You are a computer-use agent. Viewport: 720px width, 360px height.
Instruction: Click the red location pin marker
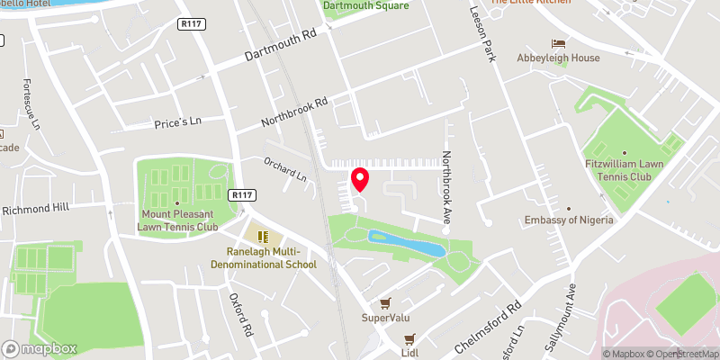[x=360, y=179]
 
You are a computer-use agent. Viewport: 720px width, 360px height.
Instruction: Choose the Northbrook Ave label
[x=445, y=187]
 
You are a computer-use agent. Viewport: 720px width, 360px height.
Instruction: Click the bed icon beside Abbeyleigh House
[x=558, y=42]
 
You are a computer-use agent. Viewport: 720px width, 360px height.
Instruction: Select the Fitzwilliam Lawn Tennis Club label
[x=630, y=168]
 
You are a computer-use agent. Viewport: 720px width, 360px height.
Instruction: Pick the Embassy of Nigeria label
[x=570, y=220]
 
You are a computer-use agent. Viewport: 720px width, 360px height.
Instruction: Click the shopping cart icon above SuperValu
[x=385, y=303]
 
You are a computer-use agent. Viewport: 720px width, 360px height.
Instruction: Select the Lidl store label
[x=409, y=353]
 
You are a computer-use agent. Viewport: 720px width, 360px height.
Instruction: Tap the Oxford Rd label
[x=238, y=314]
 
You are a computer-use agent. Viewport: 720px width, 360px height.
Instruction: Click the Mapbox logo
[x=40, y=348]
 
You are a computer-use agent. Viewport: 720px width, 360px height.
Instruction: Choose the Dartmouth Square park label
[x=365, y=5]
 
